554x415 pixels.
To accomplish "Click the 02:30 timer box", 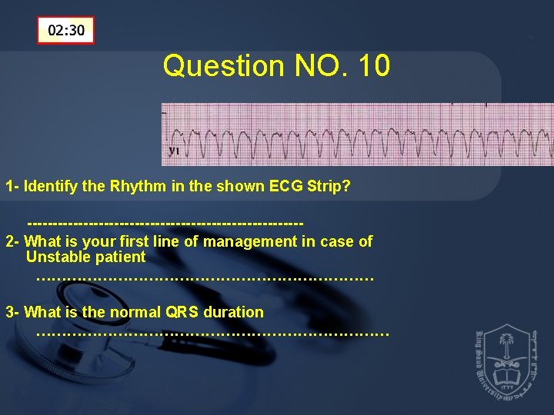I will (x=66, y=31).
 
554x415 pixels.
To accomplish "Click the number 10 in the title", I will (x=374, y=66).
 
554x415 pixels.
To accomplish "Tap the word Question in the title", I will (x=223, y=67).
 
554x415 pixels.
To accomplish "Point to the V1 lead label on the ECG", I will (x=175, y=151).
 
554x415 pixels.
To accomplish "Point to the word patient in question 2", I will (x=118, y=257).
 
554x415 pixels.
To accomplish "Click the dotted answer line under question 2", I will (x=204, y=278).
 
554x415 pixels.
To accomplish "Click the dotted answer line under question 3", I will (x=212, y=334).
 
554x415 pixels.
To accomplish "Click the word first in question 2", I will (x=150, y=241).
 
